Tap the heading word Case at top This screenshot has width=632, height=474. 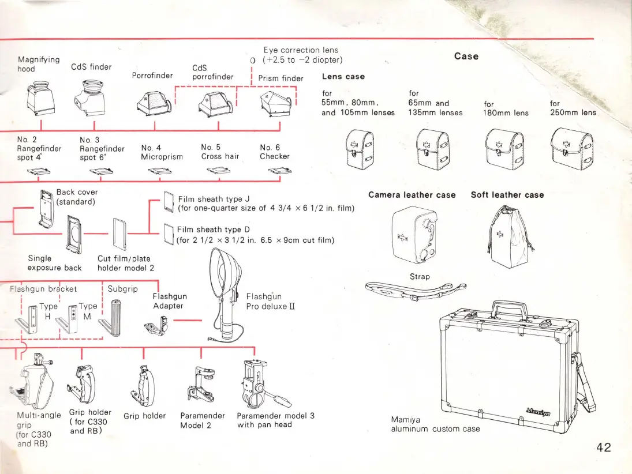[x=466, y=56]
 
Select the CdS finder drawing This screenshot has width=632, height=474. [x=92, y=96]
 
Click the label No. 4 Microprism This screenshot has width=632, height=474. [x=162, y=152]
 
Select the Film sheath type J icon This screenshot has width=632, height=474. [x=169, y=202]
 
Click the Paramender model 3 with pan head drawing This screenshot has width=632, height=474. [x=257, y=385]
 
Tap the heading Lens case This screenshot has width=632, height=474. [x=343, y=76]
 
